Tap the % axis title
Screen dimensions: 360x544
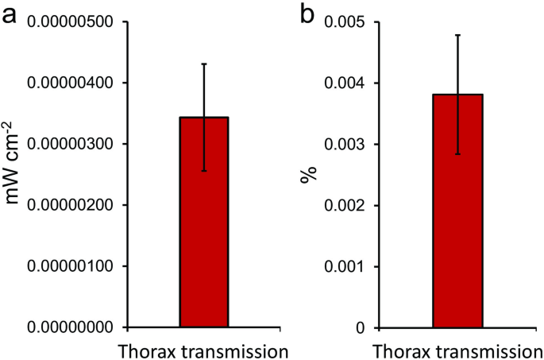click(x=306, y=174)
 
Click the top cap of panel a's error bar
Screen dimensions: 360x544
click(x=204, y=64)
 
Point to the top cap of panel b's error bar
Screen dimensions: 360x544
click(x=457, y=35)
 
